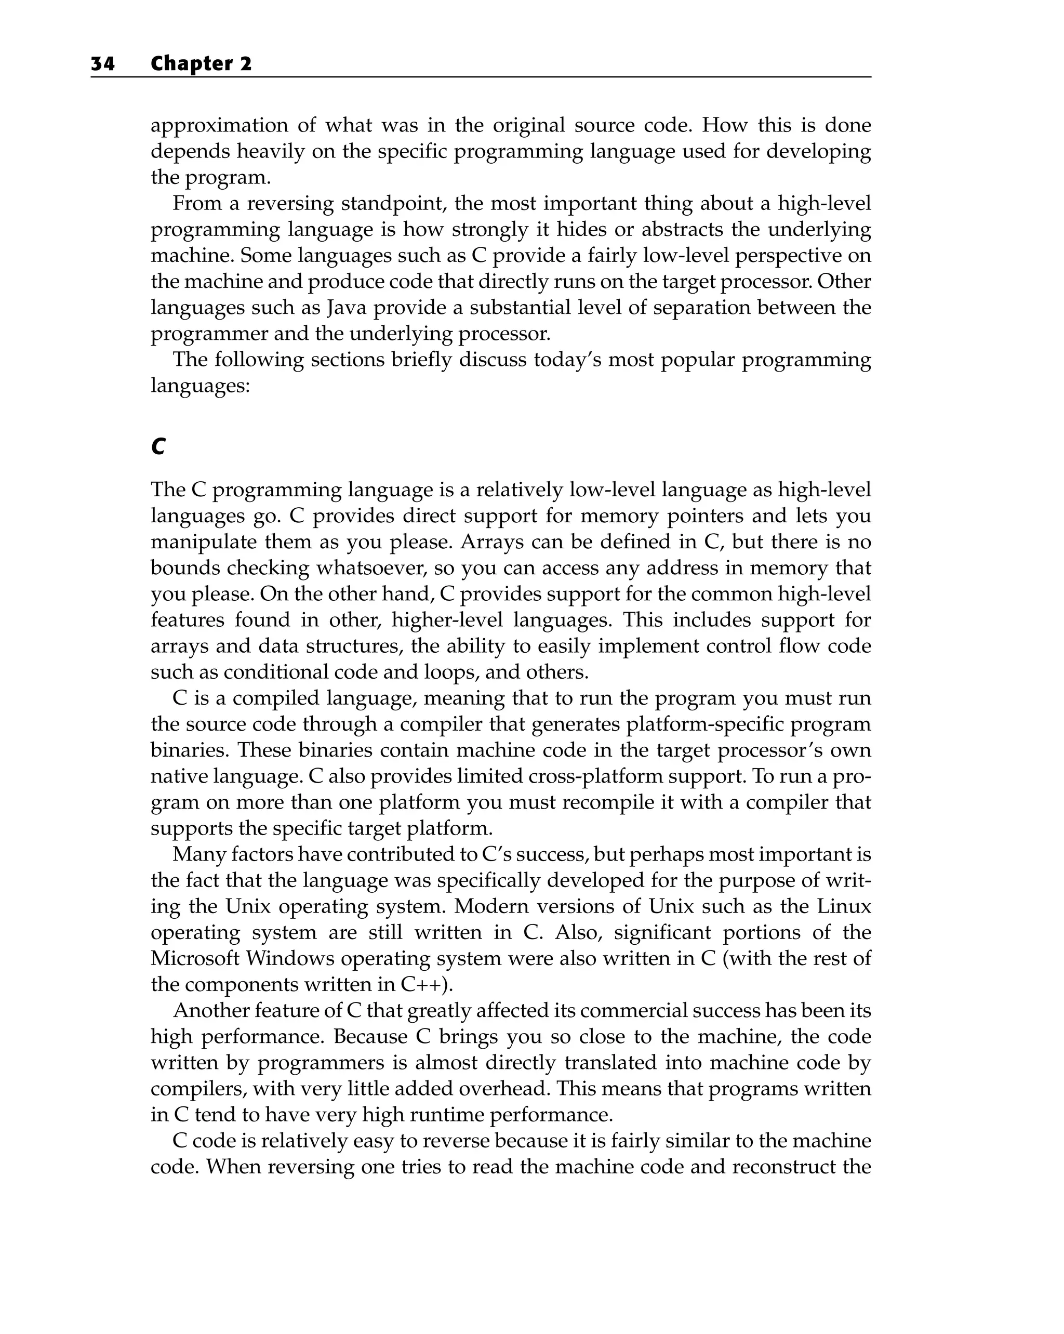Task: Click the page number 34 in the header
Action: [x=103, y=64]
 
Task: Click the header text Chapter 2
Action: [x=201, y=64]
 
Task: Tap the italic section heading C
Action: [x=158, y=446]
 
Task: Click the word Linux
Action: [x=844, y=906]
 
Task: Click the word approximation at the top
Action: [x=218, y=126]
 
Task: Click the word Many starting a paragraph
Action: [x=198, y=854]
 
